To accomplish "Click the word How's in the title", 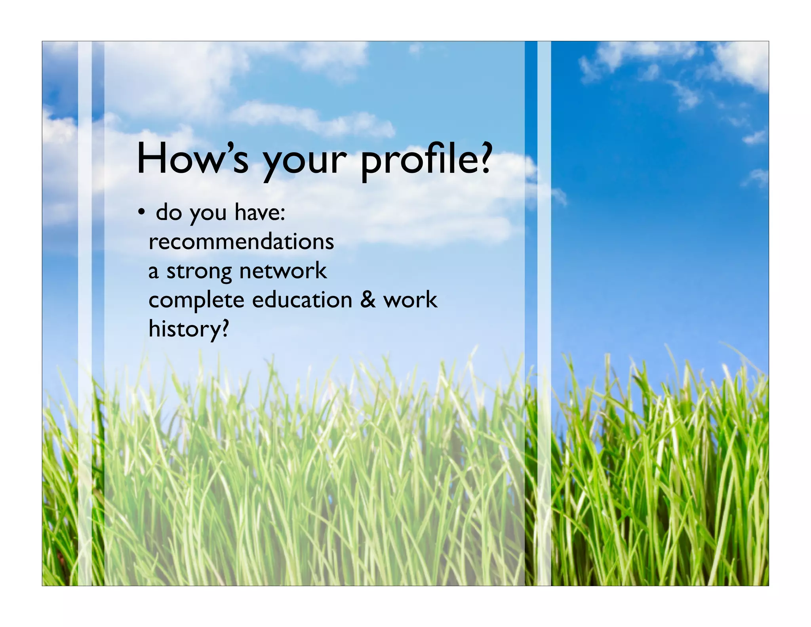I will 193,159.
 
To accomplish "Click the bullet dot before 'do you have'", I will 141,213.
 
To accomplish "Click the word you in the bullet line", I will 208,214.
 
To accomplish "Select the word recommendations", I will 241,241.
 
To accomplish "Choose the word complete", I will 196,300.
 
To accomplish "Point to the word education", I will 302,300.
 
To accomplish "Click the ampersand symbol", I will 368,300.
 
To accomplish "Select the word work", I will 410,300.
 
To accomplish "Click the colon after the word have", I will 283,214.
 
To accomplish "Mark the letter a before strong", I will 154,272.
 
